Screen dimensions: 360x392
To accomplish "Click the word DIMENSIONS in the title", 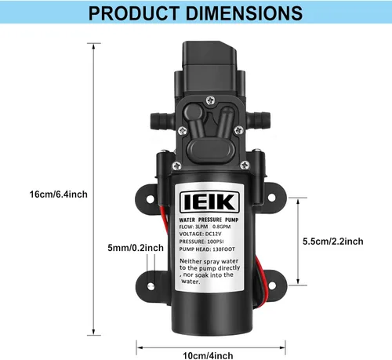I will tap(249, 13).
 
